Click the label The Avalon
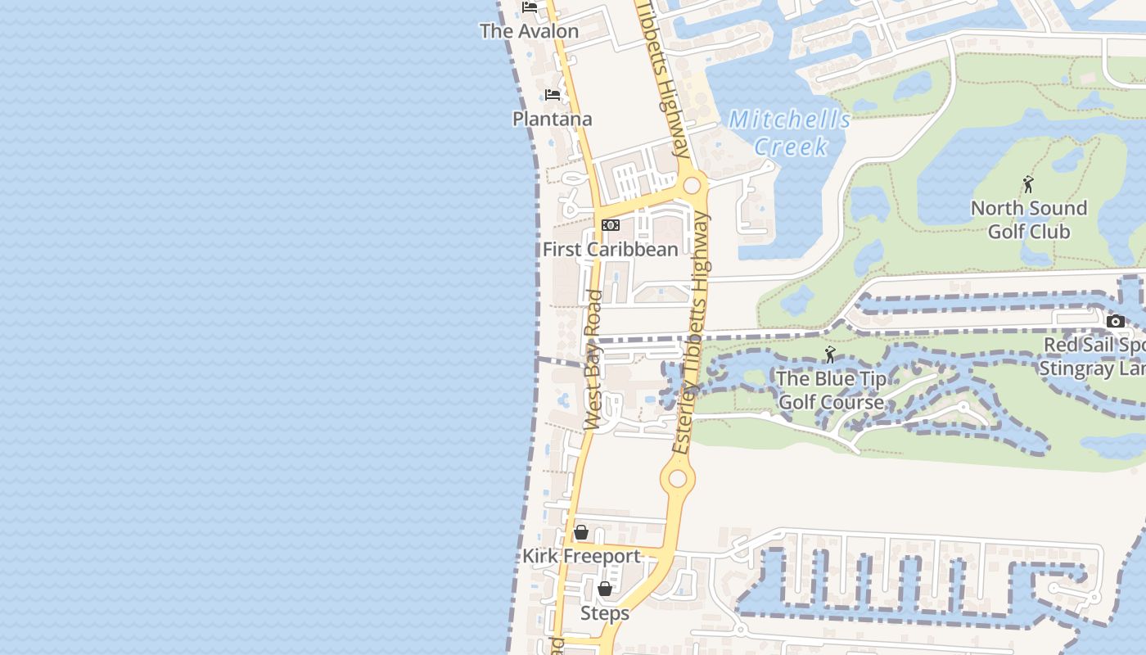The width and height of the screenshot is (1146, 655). coord(529,31)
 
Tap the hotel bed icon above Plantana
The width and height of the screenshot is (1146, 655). coord(553,95)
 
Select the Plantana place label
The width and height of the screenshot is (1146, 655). coord(552,119)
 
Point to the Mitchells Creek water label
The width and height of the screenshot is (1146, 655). coord(790,133)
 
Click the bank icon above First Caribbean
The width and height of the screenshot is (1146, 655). coord(611,225)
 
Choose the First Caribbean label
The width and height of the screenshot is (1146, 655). coord(611,249)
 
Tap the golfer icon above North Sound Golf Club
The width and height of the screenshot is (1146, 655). coord(1028,184)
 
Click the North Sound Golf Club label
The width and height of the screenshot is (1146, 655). coord(1029,219)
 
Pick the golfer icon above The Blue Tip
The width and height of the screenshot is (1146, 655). coord(830,355)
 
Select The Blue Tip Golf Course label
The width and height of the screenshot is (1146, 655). coord(831,390)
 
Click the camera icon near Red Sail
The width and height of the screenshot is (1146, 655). coord(1115,321)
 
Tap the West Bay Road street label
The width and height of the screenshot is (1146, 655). coord(594,360)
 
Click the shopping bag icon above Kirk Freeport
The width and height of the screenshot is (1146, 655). coord(580,532)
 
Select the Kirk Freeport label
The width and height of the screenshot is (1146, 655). coord(581,556)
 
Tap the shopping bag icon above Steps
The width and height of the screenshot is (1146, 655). coord(604,589)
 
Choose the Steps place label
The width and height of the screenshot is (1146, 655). coord(605,612)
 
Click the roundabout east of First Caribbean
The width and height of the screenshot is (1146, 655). coord(692,185)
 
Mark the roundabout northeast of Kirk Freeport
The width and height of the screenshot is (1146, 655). coord(678,478)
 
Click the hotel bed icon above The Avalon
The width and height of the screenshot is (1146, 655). coord(530,7)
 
